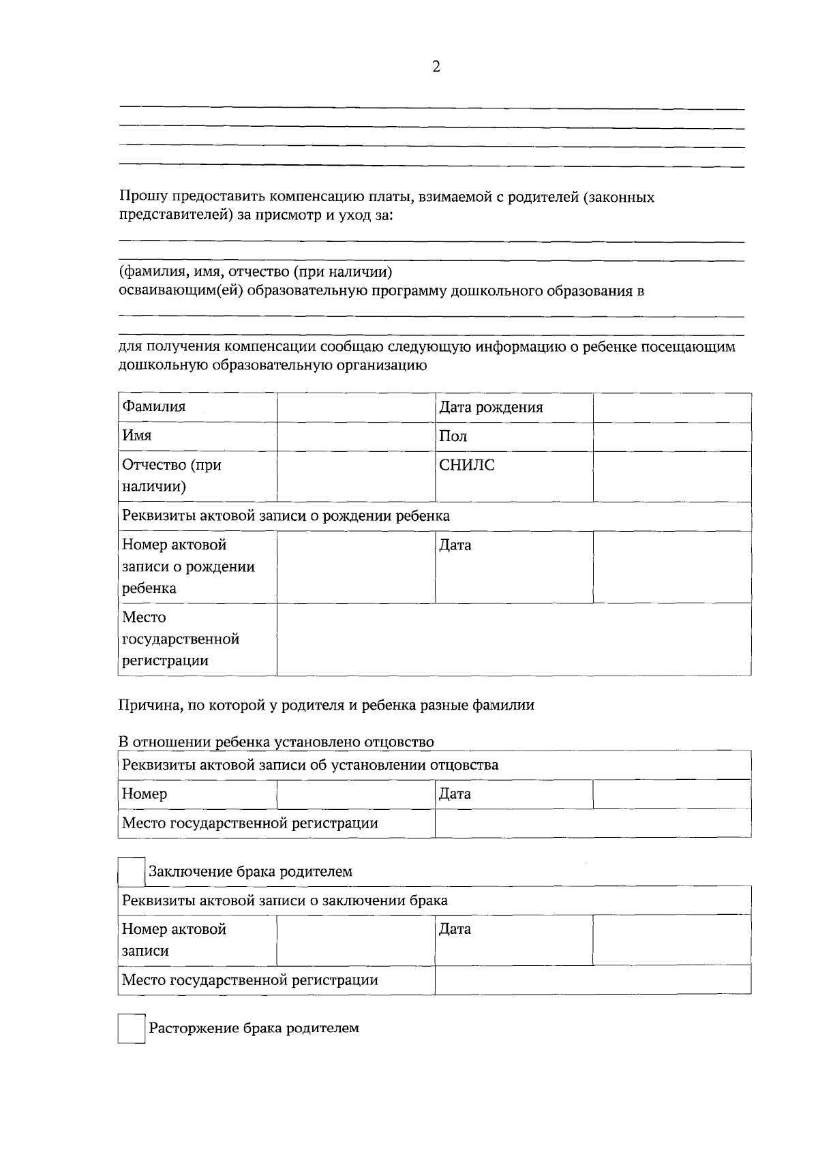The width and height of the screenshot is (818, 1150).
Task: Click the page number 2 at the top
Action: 436,67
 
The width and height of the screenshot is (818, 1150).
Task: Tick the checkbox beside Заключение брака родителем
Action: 132,872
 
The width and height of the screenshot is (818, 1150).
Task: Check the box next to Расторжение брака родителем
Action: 132,1028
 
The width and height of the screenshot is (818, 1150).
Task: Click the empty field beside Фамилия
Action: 356,408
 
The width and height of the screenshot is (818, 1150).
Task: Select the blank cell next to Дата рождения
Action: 671,408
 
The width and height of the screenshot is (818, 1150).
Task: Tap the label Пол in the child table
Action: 453,436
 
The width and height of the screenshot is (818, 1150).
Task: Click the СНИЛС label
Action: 467,466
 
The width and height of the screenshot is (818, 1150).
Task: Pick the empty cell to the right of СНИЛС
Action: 671,476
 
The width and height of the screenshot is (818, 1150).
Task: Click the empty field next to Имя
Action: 356,436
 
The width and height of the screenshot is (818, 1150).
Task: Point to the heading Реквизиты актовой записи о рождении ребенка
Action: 286,516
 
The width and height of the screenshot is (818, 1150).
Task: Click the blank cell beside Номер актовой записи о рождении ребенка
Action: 356,566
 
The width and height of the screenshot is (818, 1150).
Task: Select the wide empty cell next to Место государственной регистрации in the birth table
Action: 513,639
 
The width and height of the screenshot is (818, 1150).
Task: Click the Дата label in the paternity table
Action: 455,794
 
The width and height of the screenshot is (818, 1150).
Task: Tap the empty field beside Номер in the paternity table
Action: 356,794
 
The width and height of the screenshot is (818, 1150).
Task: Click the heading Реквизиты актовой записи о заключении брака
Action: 284,901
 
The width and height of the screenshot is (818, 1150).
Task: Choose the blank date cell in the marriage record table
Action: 671,939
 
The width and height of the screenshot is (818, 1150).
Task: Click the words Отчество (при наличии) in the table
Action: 172,476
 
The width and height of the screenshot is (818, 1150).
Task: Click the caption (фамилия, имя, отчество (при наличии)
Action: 256,272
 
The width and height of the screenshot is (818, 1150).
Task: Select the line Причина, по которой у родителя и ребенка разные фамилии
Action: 327,706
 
